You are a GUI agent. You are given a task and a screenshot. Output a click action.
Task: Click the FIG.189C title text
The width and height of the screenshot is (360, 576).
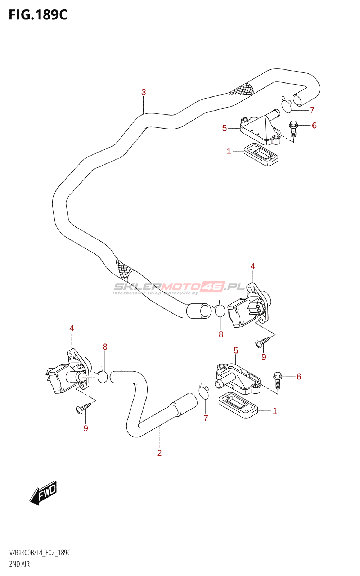38,15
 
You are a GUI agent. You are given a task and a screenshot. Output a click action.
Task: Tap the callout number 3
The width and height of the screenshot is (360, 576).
144,92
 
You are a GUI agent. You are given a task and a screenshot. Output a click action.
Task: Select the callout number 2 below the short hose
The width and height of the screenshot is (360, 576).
159,453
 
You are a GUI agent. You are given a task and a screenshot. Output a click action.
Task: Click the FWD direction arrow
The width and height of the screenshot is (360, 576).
44,492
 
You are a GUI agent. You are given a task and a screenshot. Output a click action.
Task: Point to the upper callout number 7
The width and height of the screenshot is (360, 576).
312,110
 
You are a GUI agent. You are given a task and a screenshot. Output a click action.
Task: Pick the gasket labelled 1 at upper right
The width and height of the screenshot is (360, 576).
261,155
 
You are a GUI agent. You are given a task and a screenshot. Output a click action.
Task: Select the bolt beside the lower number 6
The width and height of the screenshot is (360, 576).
277,380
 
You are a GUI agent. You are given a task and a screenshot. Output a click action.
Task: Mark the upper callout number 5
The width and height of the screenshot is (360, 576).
225,128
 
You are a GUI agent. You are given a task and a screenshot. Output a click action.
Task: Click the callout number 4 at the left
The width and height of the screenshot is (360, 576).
72,328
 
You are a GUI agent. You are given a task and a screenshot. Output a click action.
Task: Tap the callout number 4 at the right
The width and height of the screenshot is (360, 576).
253,266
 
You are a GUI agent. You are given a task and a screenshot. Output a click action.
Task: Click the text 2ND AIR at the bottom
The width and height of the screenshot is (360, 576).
19,564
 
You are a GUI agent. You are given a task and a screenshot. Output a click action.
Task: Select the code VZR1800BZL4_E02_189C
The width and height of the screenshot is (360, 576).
40,553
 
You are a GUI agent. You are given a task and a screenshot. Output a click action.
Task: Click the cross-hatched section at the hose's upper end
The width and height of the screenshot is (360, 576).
242,89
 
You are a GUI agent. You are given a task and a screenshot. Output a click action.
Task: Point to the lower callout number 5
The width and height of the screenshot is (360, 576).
236,350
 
